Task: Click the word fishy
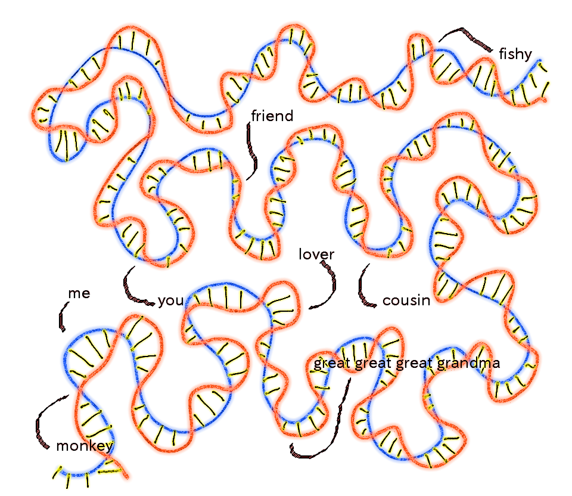click(x=515, y=54)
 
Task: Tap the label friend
click(x=272, y=116)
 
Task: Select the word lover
click(x=316, y=255)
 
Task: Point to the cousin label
click(x=406, y=300)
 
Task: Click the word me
click(x=79, y=293)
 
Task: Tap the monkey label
click(x=84, y=446)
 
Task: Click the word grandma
click(x=468, y=363)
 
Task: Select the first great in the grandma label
click(x=332, y=364)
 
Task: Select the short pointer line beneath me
click(x=63, y=316)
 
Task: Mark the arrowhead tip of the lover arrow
click(x=310, y=308)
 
